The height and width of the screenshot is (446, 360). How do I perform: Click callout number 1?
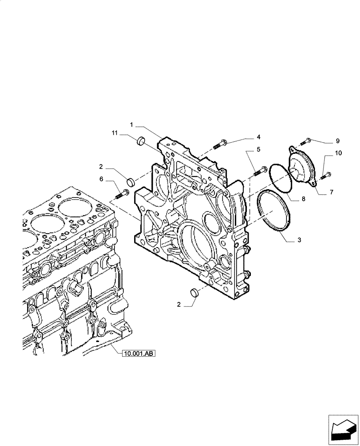tap(132, 124)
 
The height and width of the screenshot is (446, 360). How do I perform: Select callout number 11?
tap(115, 133)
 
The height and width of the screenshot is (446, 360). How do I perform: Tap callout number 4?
tap(258, 137)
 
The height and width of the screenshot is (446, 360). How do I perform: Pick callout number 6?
tap(101, 178)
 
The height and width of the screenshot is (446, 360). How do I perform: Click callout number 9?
tap(337, 141)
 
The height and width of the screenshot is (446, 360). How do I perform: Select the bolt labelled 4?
tap(221, 143)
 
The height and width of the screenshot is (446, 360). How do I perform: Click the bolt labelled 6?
tap(122, 194)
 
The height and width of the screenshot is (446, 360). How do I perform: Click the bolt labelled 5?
tap(259, 171)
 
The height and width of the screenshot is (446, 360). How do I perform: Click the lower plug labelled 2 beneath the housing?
tap(194, 293)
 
